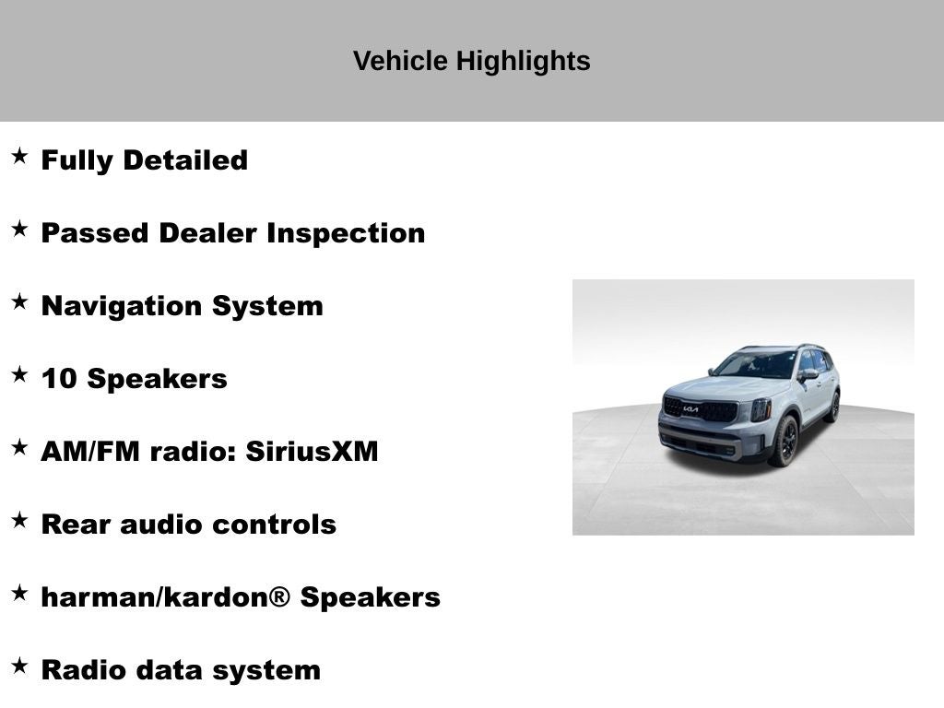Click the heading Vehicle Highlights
coord(471,61)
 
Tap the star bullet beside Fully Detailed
coord(19,156)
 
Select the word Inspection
coord(346,233)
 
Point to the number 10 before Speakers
coord(57,379)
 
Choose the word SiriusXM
coord(312,452)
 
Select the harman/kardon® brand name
coord(165,597)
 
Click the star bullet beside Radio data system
coord(19,666)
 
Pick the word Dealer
coord(208,233)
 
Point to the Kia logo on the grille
coord(690,409)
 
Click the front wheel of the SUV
coord(785,441)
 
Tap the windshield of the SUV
coord(757,365)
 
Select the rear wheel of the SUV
coord(833,407)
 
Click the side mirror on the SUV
coord(808,375)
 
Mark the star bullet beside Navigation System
coord(19,301)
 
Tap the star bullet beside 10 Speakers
coord(19,374)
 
